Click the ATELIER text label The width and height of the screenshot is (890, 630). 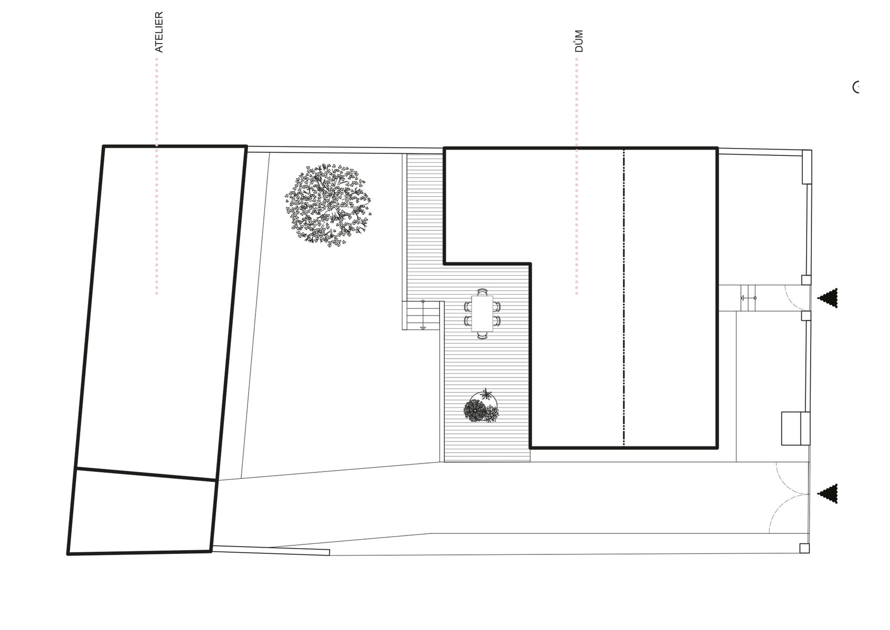pyautogui.click(x=159, y=32)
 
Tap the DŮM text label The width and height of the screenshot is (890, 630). pyautogui.click(x=579, y=41)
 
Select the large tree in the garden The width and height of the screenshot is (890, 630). pyautogui.click(x=328, y=204)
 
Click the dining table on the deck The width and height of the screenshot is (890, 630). pyautogui.click(x=482, y=313)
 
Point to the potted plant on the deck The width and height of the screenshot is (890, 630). pyautogui.click(x=481, y=406)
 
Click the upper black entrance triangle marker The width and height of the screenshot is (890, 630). pyautogui.click(x=828, y=298)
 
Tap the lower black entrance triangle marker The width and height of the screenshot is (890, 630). pyautogui.click(x=828, y=493)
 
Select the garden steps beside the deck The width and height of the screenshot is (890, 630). pyautogui.click(x=421, y=316)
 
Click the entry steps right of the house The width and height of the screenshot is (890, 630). pyautogui.click(x=748, y=298)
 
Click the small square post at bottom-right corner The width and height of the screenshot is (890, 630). pyautogui.click(x=804, y=548)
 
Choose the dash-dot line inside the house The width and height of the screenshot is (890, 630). pyautogui.click(x=624, y=298)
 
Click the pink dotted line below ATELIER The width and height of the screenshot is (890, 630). pyautogui.click(x=156, y=176)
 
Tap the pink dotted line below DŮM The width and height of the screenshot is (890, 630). pyautogui.click(x=576, y=176)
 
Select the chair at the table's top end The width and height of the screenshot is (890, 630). pyautogui.click(x=482, y=292)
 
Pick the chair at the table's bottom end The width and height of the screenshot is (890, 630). pyautogui.click(x=482, y=335)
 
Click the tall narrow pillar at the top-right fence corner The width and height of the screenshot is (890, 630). pyautogui.click(x=807, y=166)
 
